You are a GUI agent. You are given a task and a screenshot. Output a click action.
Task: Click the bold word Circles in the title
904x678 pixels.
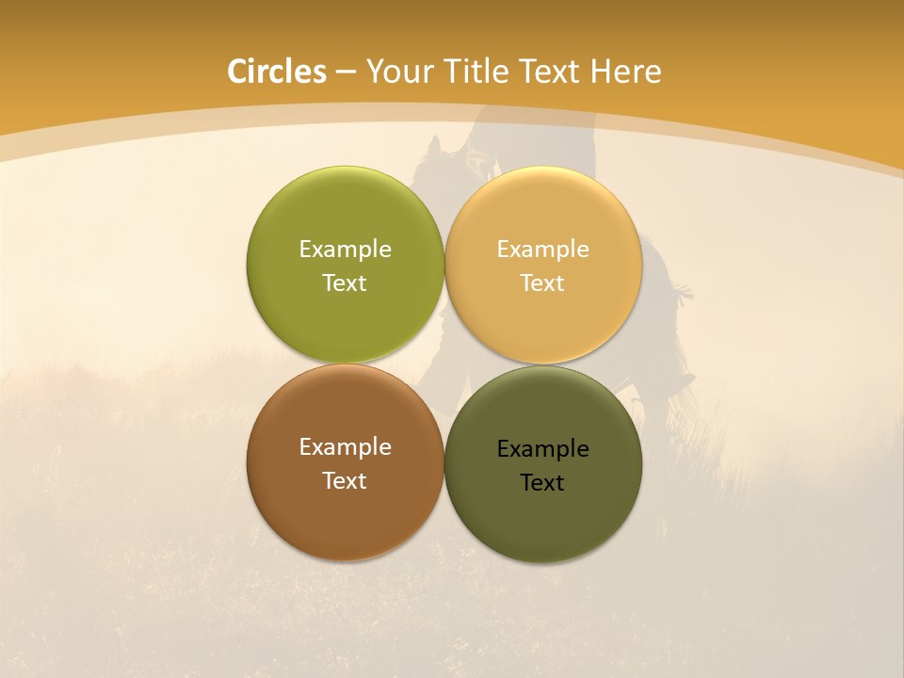tap(277, 71)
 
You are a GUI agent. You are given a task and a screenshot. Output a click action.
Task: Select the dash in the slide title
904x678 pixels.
tap(346, 72)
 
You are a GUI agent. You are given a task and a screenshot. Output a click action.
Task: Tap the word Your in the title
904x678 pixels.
tap(397, 72)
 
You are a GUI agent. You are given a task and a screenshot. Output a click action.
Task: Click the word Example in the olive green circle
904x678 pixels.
tap(345, 249)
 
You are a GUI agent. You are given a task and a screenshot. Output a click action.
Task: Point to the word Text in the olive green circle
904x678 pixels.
tap(345, 282)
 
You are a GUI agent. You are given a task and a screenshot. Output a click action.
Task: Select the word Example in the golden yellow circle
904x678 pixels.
tap(542, 249)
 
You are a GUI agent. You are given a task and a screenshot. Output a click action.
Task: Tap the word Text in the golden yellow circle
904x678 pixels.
tap(542, 282)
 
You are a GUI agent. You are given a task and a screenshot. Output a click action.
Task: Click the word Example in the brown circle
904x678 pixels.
tap(345, 446)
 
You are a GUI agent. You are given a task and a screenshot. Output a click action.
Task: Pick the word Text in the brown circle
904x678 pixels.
tap(345, 480)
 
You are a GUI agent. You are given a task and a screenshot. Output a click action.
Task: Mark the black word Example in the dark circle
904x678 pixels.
tap(542, 448)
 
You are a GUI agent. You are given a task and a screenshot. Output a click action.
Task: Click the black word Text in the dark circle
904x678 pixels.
tap(542, 482)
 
